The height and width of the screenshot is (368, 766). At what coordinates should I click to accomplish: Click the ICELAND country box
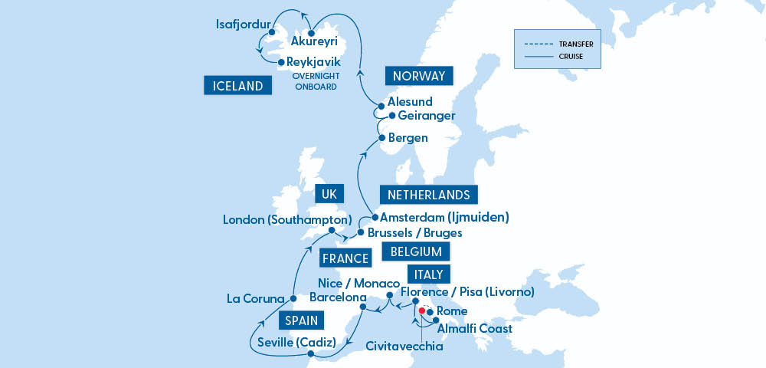238,86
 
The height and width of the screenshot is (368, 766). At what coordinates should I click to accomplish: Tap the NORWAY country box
419,76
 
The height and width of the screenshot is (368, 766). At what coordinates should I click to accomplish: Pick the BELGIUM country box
416,251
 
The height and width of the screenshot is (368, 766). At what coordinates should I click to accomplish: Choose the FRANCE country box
345,258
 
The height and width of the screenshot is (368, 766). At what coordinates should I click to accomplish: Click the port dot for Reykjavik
280,62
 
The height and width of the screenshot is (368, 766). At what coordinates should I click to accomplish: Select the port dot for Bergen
381,138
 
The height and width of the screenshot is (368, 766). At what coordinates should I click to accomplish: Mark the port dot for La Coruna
292,297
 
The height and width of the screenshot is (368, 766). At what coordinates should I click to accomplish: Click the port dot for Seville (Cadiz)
310,354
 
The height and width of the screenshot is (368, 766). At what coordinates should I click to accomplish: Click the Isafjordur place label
243,25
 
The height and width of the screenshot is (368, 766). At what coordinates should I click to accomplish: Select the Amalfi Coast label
476,329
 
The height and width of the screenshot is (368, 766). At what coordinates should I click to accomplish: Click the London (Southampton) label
287,220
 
